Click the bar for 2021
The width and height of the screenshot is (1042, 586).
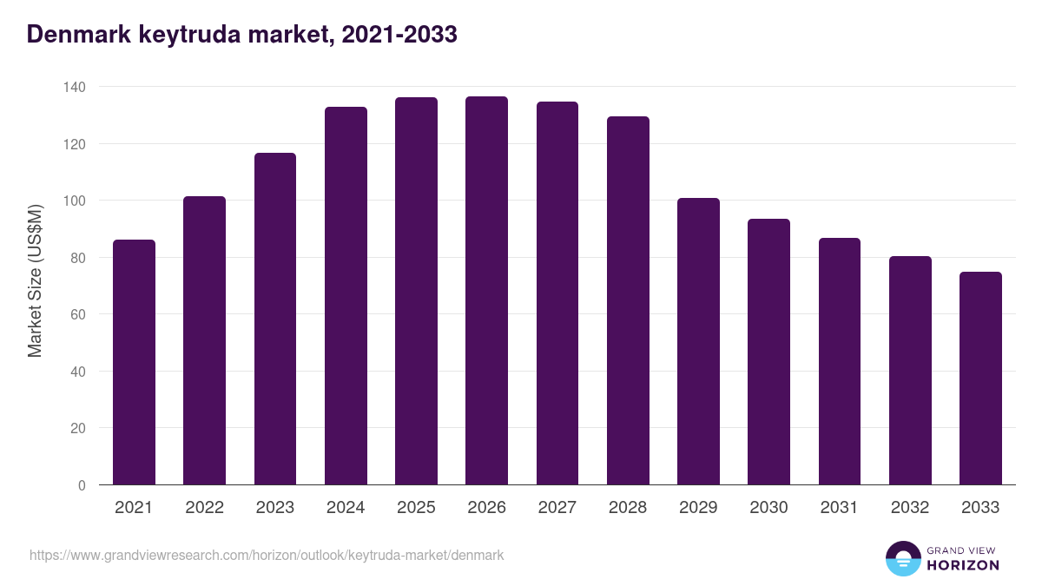pyautogui.click(x=134, y=362)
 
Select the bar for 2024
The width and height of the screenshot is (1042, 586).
pyautogui.click(x=346, y=295)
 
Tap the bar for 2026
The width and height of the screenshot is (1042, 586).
pyautogui.click(x=486, y=291)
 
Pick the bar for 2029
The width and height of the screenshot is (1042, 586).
pyautogui.click(x=698, y=341)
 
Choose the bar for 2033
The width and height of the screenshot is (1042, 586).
pyautogui.click(x=980, y=379)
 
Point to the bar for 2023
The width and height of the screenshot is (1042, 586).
pyautogui.click(x=275, y=319)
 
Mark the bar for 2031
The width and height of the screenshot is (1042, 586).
pyautogui.click(x=840, y=361)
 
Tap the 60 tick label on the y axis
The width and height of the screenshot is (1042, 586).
pyautogui.click(x=77, y=314)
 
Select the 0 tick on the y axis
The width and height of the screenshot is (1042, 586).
pyautogui.click(x=82, y=485)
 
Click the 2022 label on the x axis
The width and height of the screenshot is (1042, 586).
pyautogui.click(x=204, y=508)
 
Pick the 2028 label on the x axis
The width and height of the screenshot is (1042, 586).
pyautogui.click(x=628, y=508)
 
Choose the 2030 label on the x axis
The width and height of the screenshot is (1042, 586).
pyautogui.click(x=768, y=508)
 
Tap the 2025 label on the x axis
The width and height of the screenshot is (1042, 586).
pyautogui.click(x=416, y=508)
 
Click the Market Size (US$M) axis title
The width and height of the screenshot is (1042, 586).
pyautogui.click(x=35, y=280)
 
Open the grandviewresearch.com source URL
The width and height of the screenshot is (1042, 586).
pyautogui.click(x=267, y=555)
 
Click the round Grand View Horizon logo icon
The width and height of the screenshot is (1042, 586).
pyautogui.click(x=903, y=559)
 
